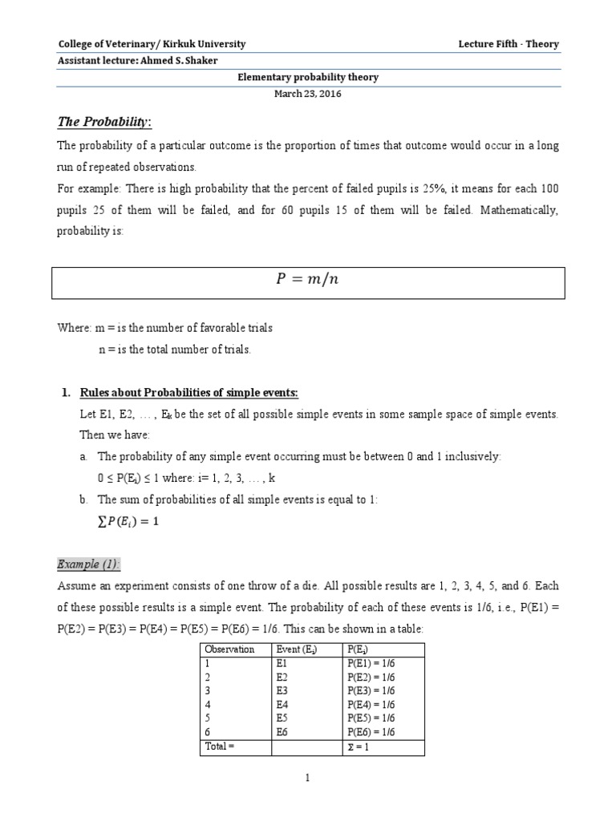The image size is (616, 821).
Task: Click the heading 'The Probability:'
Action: pos(104,121)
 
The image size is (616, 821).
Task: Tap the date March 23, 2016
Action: pos(309,94)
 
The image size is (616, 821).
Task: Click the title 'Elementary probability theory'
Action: pos(309,78)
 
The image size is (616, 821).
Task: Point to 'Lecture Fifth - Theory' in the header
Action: pos(509,44)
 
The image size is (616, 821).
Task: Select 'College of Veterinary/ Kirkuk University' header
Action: pos(152,44)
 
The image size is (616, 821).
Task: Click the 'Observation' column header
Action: pos(229,649)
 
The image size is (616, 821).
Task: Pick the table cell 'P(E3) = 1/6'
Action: pos(371,690)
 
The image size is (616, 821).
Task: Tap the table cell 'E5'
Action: pos(282,718)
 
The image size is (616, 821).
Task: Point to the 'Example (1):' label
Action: pos(88,564)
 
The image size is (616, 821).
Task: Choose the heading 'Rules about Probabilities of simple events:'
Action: pos(188,392)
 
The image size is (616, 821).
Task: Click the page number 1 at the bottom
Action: pos(308,777)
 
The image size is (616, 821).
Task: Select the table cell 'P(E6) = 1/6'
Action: pos(371,731)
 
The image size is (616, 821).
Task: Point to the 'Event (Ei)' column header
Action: pos(296,649)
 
